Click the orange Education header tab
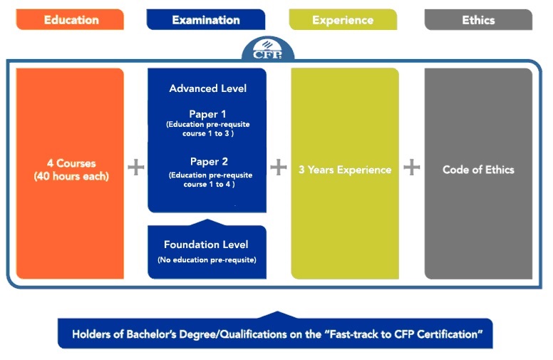tap(70, 19)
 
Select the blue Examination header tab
tap(206, 19)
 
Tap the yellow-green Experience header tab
tap(343, 19)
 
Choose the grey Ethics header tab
tap(478, 19)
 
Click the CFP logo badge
tap(268, 49)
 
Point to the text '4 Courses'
tap(71, 163)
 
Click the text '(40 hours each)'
tap(71, 176)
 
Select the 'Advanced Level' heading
tap(207, 88)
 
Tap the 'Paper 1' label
tap(207, 114)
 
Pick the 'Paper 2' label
tap(209, 162)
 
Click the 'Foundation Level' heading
tap(206, 245)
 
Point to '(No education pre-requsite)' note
tap(207, 259)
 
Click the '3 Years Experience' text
tap(345, 170)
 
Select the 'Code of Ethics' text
tap(478, 170)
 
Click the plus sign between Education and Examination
tap(136, 167)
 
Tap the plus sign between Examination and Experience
tap(279, 167)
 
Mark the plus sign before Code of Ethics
tap(412, 167)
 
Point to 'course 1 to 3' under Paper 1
tap(207, 133)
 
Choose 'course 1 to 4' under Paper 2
tap(209, 184)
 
